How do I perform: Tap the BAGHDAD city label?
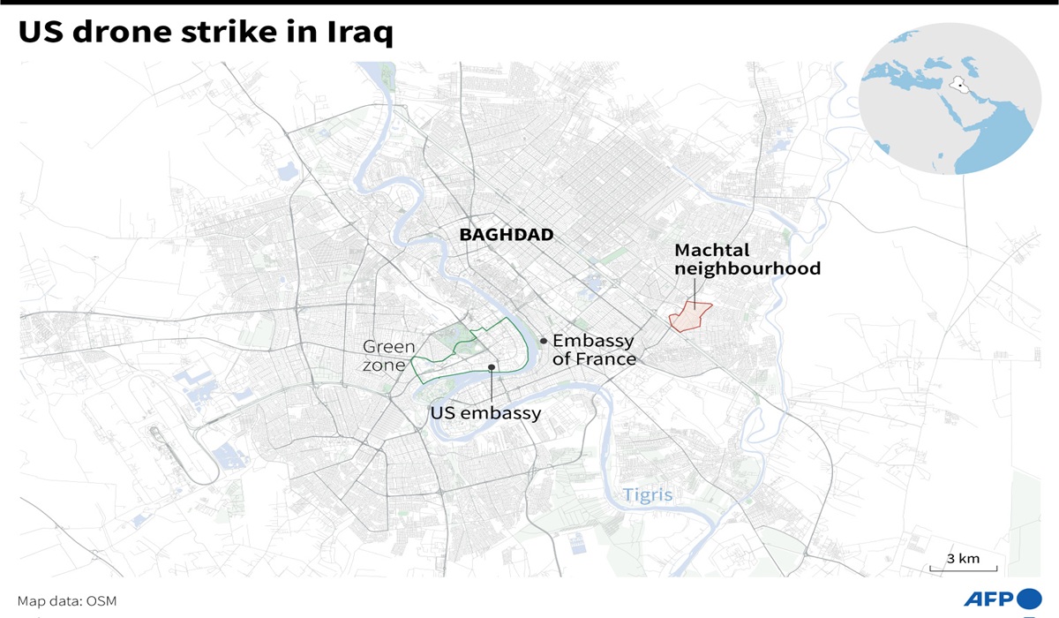507,235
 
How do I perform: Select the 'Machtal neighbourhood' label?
747,260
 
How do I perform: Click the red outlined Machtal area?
690,317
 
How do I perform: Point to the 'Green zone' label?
388,356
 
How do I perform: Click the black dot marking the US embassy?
492,366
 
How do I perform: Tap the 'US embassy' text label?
485,412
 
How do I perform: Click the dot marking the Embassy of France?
544,340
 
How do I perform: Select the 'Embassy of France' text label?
594,350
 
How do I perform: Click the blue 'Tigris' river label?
648,494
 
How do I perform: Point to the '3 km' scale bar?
963,563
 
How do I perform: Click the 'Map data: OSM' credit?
67,601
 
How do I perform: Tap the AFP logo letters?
989,599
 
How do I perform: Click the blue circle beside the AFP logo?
1029,599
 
